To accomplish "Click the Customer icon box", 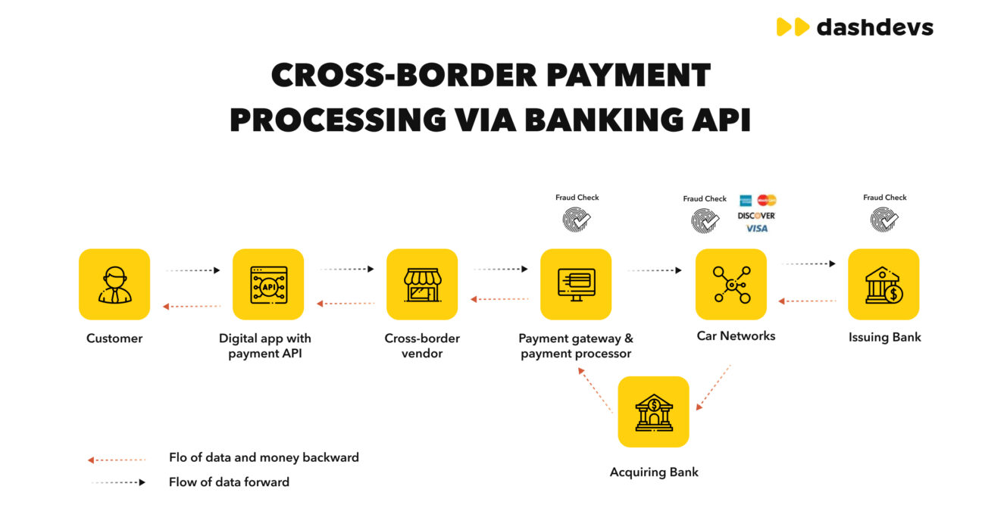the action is click(x=114, y=284).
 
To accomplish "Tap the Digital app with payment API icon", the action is click(x=268, y=284).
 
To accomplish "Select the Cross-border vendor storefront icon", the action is click(x=422, y=284).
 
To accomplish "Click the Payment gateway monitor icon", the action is click(x=576, y=284).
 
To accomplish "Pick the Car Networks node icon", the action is click(x=731, y=284).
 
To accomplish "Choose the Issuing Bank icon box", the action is click(x=883, y=284).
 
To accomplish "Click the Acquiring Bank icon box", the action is click(x=654, y=412).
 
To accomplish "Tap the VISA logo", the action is click(x=757, y=229).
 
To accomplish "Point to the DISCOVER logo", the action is click(x=756, y=216).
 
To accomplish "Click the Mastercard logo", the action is click(x=767, y=200).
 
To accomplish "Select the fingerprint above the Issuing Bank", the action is click(x=883, y=219).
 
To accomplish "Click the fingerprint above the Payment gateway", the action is click(x=577, y=220).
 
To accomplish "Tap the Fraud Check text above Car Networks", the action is click(x=705, y=199).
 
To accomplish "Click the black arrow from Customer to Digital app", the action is click(x=193, y=270).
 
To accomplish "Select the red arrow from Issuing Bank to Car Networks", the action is click(x=807, y=301).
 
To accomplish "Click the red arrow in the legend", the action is click(x=117, y=460).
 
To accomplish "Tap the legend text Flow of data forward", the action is click(x=229, y=482).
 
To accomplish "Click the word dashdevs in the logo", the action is click(x=875, y=27).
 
